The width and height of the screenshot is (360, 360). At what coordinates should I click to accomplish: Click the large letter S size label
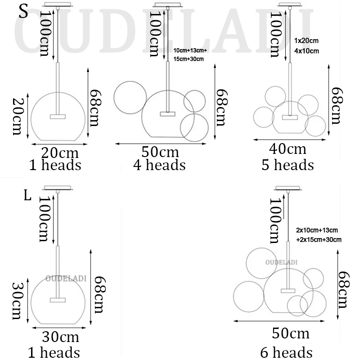[23, 12]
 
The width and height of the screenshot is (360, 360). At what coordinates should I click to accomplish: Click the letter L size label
[27, 196]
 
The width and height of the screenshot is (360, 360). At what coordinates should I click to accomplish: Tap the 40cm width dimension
[288, 149]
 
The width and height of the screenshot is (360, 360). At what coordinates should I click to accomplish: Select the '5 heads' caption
[288, 165]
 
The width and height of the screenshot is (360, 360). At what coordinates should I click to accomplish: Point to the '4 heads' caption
[159, 165]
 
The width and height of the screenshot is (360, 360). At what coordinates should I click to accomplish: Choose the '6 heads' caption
[286, 352]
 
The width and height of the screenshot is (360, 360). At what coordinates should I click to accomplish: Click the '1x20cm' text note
[306, 40]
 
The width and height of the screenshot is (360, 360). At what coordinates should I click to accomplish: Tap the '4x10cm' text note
[306, 51]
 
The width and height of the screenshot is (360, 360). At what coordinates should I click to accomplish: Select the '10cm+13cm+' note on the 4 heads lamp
[190, 50]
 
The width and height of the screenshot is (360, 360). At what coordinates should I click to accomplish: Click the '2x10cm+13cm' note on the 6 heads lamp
[317, 230]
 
